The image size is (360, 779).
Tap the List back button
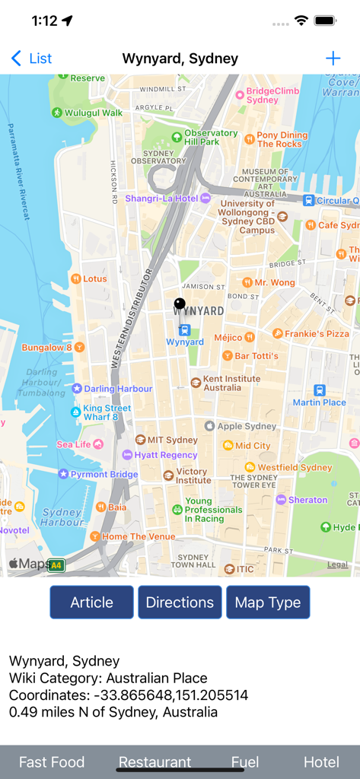(32, 59)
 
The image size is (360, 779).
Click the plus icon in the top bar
(333, 59)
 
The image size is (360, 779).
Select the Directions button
(180, 603)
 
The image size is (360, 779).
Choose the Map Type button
(268, 603)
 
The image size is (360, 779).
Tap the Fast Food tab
(52, 762)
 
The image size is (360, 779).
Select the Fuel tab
(245, 762)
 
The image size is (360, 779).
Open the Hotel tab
(321, 762)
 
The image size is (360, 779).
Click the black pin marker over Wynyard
(180, 304)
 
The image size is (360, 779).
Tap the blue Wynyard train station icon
(184, 329)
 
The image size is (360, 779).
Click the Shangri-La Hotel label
(161, 199)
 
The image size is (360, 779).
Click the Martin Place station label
(320, 402)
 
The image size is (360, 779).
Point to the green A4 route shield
(56, 565)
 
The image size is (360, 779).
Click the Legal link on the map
(337, 564)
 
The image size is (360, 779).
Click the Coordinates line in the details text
(129, 695)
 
